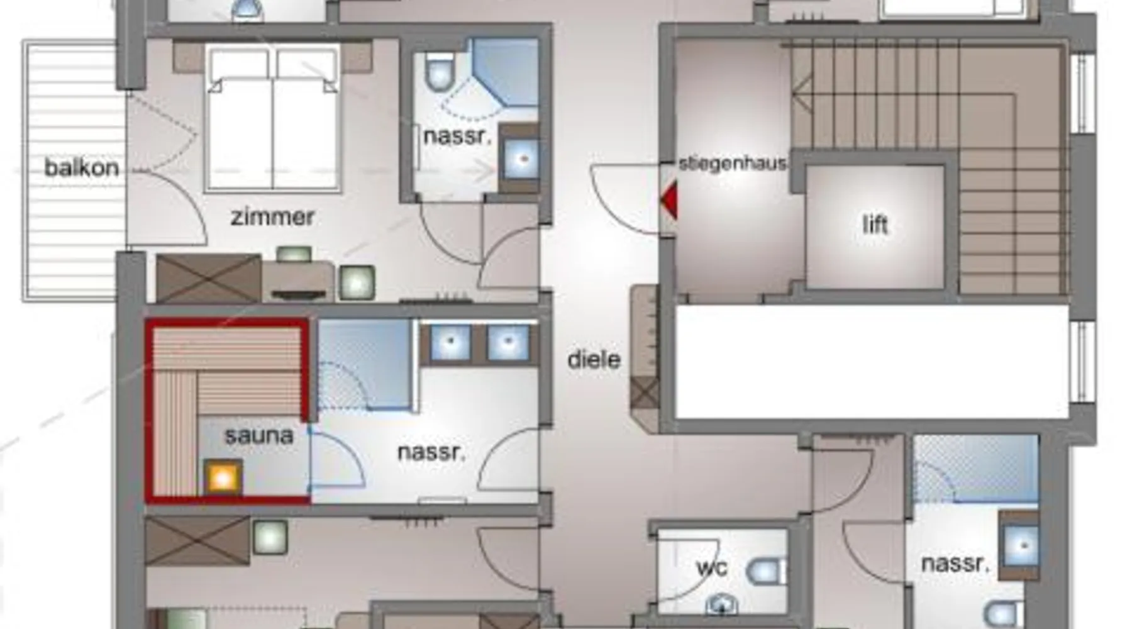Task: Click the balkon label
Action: pyautogui.click(x=82, y=168)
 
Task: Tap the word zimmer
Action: pyautogui.click(x=272, y=217)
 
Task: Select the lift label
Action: pyautogui.click(x=875, y=224)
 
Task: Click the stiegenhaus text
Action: pyautogui.click(x=733, y=164)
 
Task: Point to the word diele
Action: pyautogui.click(x=594, y=359)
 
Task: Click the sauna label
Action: pyautogui.click(x=258, y=435)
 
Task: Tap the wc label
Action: pyautogui.click(x=712, y=568)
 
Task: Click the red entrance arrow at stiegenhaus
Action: pyautogui.click(x=668, y=199)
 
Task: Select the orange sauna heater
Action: pyautogui.click(x=223, y=478)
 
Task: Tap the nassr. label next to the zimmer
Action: pyautogui.click(x=457, y=136)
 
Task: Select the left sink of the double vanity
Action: pyautogui.click(x=451, y=343)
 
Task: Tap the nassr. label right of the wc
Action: pyautogui.click(x=955, y=563)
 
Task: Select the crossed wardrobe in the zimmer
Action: pyautogui.click(x=209, y=278)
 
